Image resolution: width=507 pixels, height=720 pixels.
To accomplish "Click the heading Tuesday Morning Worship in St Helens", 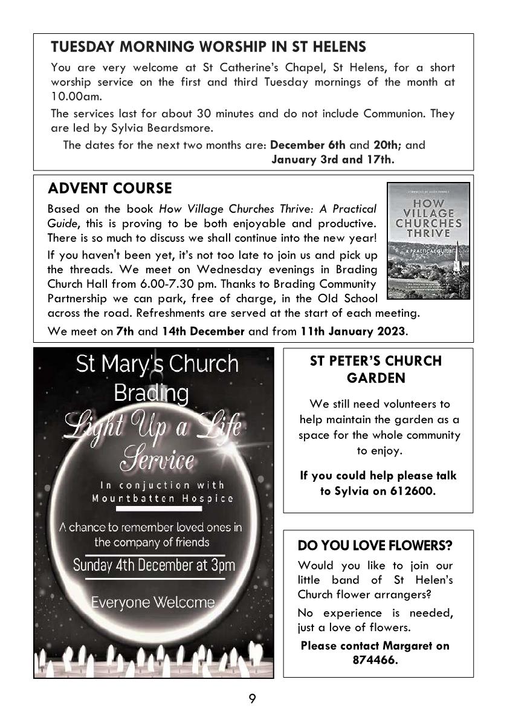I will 208,47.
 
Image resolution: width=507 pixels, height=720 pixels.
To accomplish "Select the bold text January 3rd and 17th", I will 333,160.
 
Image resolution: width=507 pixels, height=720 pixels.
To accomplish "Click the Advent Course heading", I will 109,188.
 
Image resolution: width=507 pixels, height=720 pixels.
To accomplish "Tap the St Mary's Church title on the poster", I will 157,364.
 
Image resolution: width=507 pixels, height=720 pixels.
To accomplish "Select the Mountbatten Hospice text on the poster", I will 162,499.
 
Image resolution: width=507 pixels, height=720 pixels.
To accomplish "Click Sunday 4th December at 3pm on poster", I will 154,565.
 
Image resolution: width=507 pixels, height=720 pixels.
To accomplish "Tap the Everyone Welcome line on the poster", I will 152,602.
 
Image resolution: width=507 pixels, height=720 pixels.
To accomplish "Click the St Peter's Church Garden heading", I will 375,369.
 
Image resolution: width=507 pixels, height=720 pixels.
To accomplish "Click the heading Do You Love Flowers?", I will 375,545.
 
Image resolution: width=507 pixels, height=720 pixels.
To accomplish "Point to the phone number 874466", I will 375,660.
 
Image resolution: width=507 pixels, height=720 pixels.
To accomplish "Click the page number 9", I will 252,699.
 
